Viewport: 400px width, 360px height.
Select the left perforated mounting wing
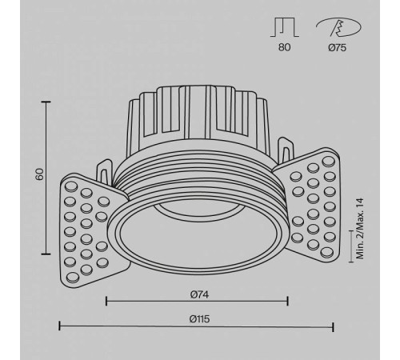pyautogui.click(x=87, y=229)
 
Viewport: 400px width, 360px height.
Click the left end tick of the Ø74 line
pyautogui.click(x=106, y=301)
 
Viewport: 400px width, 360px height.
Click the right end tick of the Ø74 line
pyautogui.click(x=288, y=301)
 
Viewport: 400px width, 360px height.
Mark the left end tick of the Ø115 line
pyautogui.click(x=61, y=326)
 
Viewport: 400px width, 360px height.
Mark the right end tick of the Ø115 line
pyautogui.click(x=334, y=326)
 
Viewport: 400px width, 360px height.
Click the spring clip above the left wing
pyautogui.click(x=105, y=170)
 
